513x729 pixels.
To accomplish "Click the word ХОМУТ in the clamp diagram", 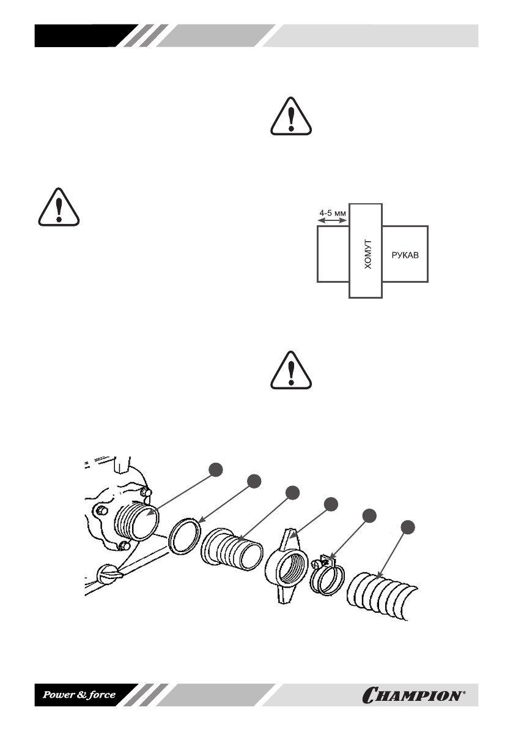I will [365, 251].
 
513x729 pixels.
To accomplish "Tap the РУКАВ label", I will [404, 254].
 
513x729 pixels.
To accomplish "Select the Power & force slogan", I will [78, 695].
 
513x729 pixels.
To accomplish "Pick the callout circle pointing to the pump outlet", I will [215, 469].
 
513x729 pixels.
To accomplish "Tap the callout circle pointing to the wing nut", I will [331, 504].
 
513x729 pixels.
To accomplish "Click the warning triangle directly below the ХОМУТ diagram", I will [291, 371].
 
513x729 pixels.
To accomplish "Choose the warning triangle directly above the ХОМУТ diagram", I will [291, 116].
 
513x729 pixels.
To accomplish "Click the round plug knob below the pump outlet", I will [108, 574].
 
